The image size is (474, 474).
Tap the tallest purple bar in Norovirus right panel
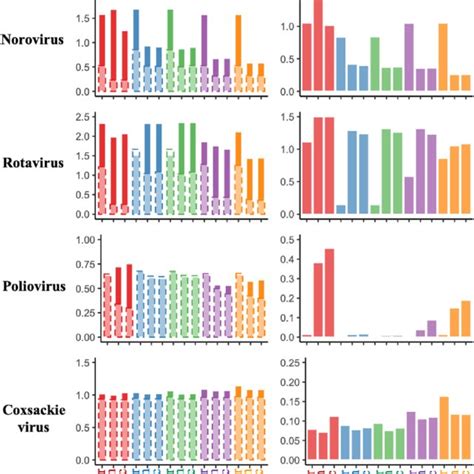[409, 58]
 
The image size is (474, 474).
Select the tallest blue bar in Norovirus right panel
[341, 65]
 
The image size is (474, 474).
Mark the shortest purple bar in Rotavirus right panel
[409, 195]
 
